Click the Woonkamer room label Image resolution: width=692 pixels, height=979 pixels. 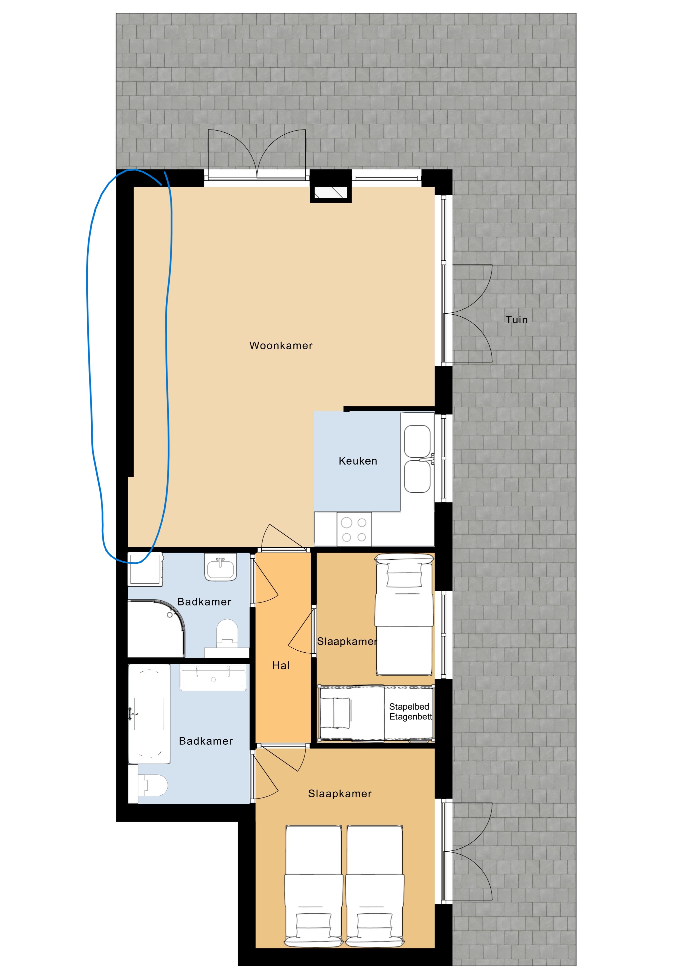click(281, 345)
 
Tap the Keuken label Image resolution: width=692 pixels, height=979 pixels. click(358, 461)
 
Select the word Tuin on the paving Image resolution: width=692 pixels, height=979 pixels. click(516, 319)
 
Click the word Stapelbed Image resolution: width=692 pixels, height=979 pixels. click(409, 706)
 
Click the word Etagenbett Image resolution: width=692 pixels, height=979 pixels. click(411, 717)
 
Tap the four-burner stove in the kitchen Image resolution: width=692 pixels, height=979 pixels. click(354, 529)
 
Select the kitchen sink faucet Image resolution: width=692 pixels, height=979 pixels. click(427, 459)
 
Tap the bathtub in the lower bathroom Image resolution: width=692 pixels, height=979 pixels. click(149, 714)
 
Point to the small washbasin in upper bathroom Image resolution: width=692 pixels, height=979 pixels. click(220, 567)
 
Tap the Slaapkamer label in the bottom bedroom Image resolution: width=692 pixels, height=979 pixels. click(340, 793)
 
